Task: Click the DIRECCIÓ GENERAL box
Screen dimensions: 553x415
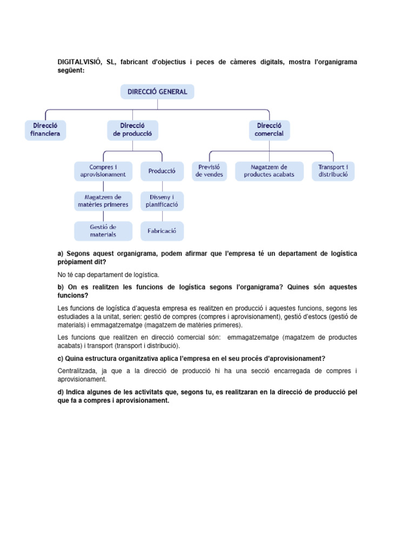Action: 157,92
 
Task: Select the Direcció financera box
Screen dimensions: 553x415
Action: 45,130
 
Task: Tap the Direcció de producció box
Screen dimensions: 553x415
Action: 132,130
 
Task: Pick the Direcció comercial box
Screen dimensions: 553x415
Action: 269,130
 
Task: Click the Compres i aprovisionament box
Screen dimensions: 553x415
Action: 103,171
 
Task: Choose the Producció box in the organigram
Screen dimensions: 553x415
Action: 162,171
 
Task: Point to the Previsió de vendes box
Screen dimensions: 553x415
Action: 209,171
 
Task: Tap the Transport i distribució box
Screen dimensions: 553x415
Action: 333,171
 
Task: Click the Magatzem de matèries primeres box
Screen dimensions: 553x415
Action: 103,201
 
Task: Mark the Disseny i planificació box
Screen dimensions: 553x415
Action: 162,201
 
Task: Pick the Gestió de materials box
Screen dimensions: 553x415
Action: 103,231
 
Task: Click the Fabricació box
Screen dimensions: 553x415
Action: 162,231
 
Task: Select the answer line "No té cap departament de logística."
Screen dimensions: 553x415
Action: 109,275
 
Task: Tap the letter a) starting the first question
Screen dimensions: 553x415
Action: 61,254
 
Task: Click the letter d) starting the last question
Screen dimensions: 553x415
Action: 61,392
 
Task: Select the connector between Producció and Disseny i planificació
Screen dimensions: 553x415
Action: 162,186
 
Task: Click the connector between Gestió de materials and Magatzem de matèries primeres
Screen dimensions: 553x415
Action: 103,216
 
